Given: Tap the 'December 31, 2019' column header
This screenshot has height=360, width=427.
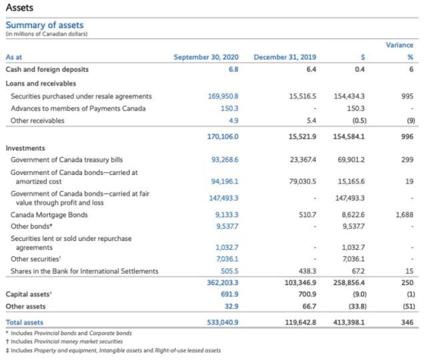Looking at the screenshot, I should pos(285,57).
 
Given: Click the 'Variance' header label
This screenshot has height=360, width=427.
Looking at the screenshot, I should pos(400,45).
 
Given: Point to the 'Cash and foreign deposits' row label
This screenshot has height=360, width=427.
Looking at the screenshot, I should pos(47,69).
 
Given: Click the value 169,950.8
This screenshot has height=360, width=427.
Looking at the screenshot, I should pos(224,96).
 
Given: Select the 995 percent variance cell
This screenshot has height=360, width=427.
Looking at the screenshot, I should pos(408,96).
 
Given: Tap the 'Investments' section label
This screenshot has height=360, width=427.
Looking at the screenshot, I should pos(25,148).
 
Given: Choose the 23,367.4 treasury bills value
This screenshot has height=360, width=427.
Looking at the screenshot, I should pos(302,160).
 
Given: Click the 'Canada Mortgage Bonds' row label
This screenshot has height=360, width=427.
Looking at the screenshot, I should pos(49,214).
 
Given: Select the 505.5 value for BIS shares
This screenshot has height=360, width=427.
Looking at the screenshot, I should pos(230,271).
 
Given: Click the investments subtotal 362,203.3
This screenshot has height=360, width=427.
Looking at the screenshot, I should pos(223,283).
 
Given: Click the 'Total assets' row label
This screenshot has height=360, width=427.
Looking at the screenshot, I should pos(24,322).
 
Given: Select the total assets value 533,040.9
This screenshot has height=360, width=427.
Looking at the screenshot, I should pos(223,322).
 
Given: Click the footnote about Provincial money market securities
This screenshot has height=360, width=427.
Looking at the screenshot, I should pos(67,341).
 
